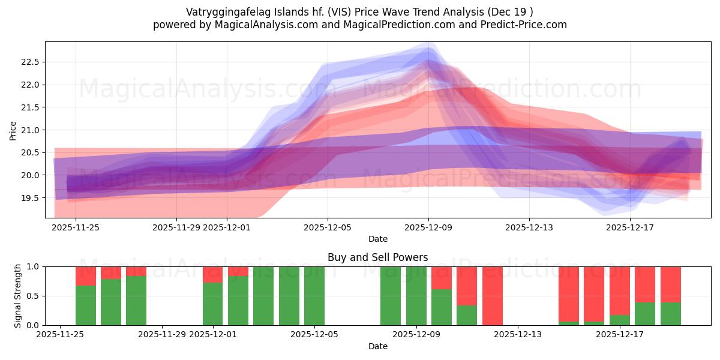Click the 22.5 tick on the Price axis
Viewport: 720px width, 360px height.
(30, 62)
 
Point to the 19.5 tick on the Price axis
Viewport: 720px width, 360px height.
(30, 198)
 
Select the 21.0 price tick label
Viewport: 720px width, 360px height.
(30, 130)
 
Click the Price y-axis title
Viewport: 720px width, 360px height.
(13, 130)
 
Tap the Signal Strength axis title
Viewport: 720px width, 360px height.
(18, 296)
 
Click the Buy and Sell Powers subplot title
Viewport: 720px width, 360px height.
(377, 257)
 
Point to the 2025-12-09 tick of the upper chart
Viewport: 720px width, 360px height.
(428, 227)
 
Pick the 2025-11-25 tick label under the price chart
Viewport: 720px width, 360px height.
(76, 227)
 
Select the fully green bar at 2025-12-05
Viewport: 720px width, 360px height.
(314, 296)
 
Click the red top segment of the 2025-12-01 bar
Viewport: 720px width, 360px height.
(212, 274)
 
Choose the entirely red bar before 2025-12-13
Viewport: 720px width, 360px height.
(492, 296)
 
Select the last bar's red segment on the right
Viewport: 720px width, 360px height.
(670, 284)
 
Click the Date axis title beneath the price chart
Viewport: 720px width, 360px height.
(377, 239)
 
